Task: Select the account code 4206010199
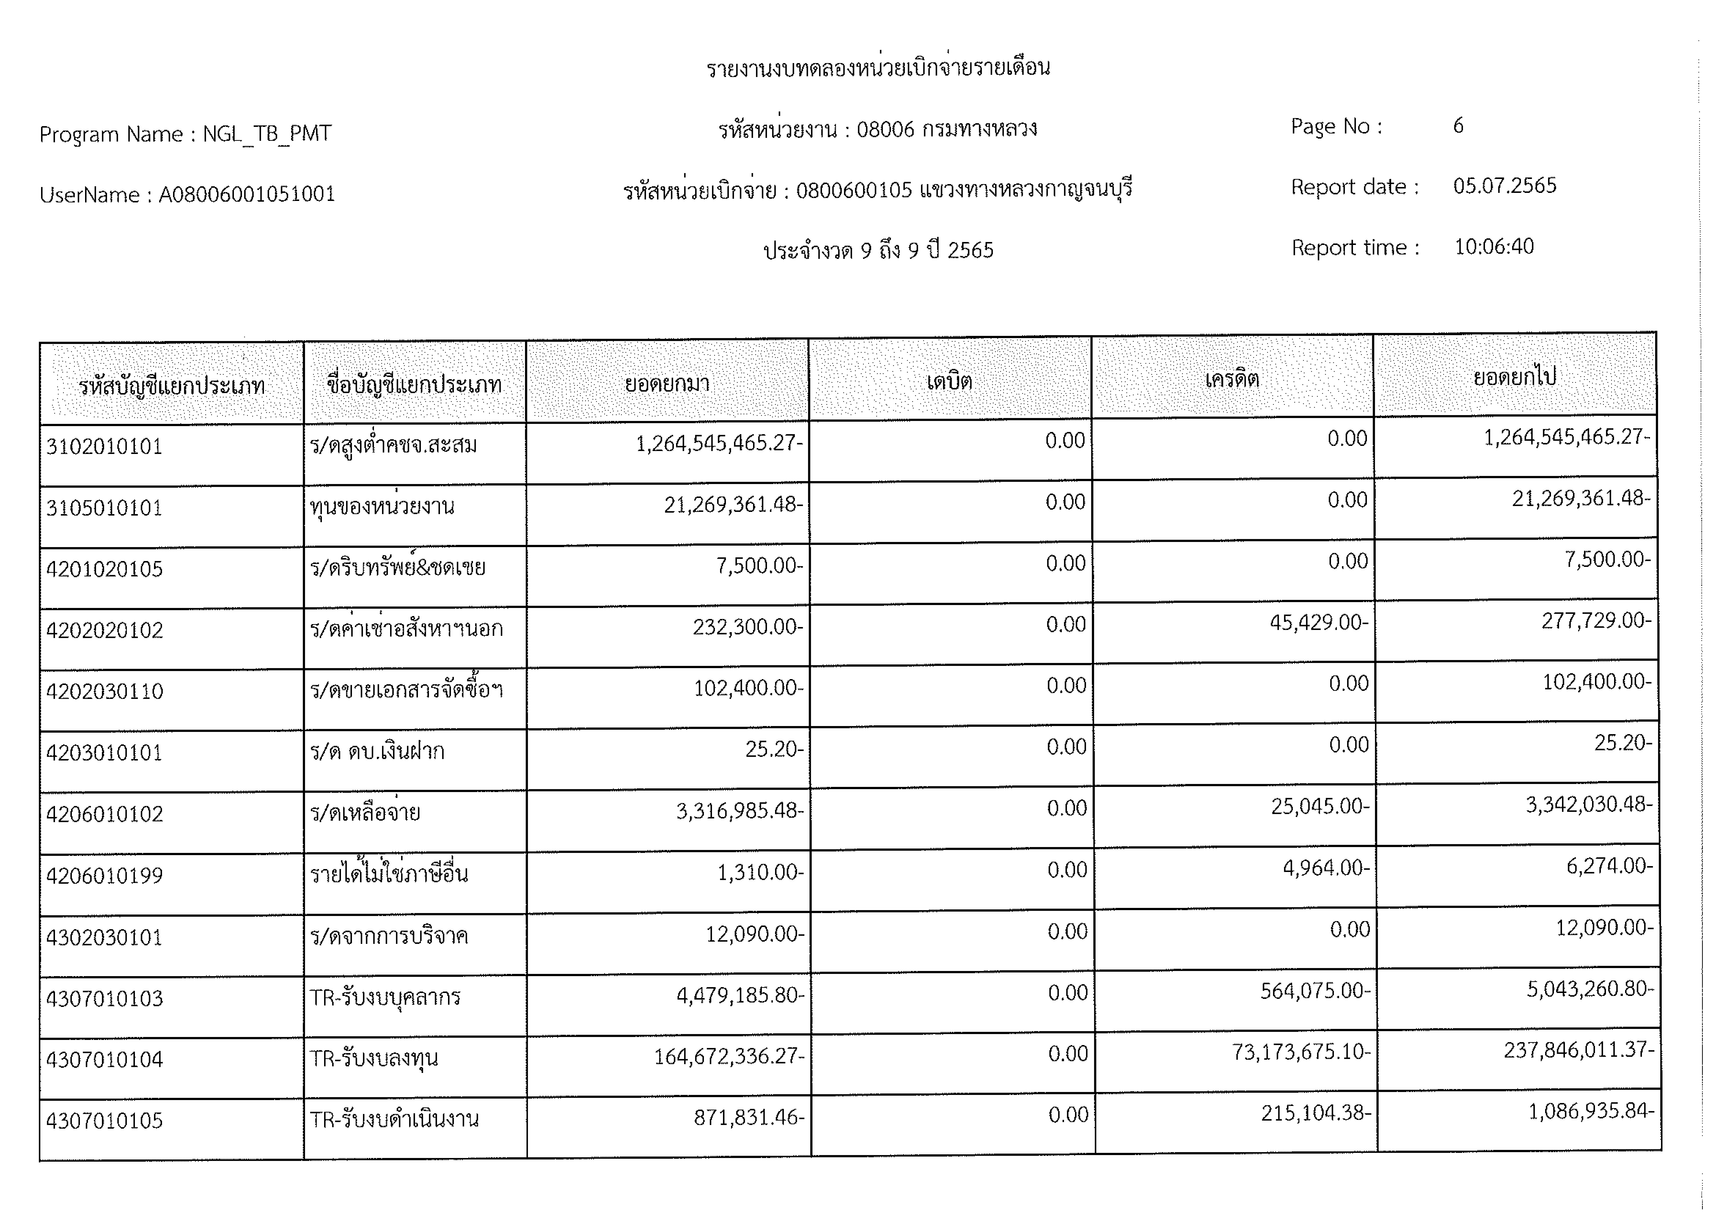[105, 875]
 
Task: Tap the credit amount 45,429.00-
[1319, 623]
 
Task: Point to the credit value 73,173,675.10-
[1301, 1052]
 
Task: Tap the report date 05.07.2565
[1504, 186]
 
